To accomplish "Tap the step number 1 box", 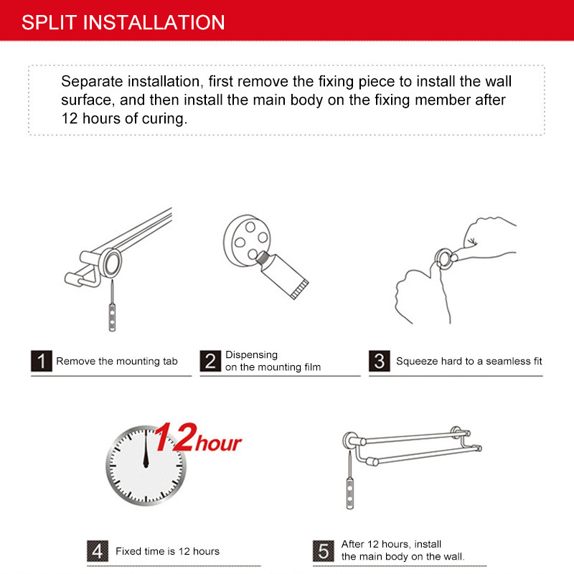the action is (x=42, y=361).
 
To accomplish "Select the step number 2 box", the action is (x=210, y=361).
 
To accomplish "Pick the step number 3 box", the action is (x=380, y=361).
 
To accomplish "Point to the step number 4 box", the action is (x=98, y=551).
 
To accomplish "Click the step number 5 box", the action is (x=324, y=551).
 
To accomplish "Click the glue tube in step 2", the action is (x=282, y=276).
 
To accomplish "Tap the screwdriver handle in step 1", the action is (x=112, y=317).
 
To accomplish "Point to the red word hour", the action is (x=218, y=443).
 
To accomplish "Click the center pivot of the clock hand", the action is (x=146, y=465).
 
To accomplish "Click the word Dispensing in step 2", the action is (x=252, y=355).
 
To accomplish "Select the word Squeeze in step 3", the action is (x=417, y=362).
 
